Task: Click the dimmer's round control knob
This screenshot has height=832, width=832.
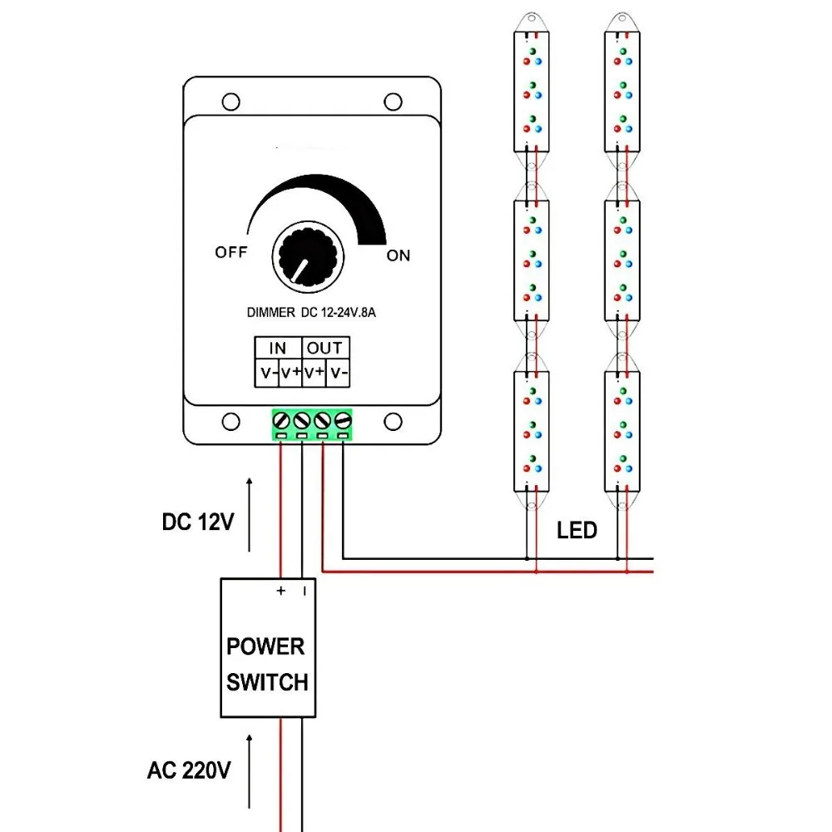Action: pos(308,257)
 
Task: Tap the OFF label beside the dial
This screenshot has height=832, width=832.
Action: pos(231,252)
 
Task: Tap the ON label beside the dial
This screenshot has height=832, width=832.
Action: pos(399,255)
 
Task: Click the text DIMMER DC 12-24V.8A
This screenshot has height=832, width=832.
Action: pos(311,313)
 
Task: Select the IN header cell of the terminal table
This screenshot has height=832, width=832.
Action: pos(278,348)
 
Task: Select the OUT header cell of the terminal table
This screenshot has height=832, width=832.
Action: pos(324,348)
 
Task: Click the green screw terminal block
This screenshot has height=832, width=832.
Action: pos(312,425)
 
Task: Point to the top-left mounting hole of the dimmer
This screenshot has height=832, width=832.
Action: pos(230,102)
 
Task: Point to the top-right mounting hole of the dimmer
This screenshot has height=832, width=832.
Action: pos(394,102)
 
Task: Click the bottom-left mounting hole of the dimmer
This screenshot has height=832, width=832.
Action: pos(230,423)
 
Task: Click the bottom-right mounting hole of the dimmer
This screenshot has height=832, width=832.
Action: pos(394,423)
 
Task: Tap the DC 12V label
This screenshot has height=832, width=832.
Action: pos(198,522)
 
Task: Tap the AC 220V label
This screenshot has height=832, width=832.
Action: pos(189,770)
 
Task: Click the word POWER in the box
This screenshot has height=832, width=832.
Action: pos(266,646)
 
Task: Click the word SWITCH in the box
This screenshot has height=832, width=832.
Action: pos(267,682)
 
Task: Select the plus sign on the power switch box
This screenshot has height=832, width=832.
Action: pos(281,591)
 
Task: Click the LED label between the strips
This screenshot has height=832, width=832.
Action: pos(577,531)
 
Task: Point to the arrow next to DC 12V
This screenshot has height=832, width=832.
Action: pos(250,515)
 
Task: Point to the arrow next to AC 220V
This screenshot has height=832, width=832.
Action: pos(250,771)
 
